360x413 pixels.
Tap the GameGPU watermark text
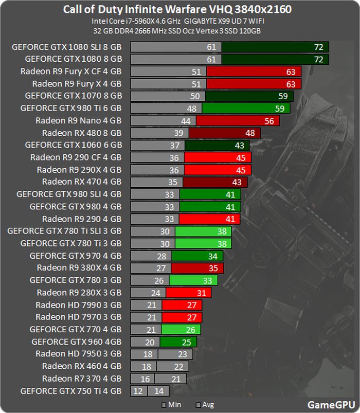pyautogui.click(x=329, y=404)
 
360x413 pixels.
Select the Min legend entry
pyautogui.click(x=172, y=404)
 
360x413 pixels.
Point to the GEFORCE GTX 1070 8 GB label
pyautogui.click(x=73, y=96)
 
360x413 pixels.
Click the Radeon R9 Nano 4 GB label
pyautogui.click(x=79, y=121)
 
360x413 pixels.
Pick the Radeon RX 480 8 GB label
pyautogui.click(x=82, y=133)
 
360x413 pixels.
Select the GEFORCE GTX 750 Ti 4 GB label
pyautogui.click(x=71, y=391)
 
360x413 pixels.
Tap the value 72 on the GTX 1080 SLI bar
pyautogui.click(x=318, y=47)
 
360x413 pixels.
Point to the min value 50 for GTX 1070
pyautogui.click(x=195, y=96)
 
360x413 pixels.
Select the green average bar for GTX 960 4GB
pyautogui.click(x=178, y=342)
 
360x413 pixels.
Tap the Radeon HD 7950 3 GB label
pyautogui.click(x=79, y=354)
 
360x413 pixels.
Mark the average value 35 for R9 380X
pyautogui.click(x=213, y=268)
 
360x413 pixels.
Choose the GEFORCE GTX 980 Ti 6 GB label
pyautogui.click(x=71, y=108)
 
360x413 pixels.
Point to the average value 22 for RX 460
pyautogui.click(x=178, y=366)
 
